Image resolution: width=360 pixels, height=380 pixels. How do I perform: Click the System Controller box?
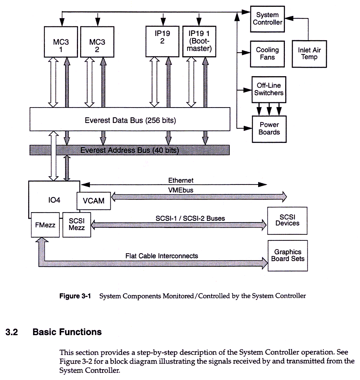pos(267,19)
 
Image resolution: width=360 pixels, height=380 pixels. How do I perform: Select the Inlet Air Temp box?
pos(309,53)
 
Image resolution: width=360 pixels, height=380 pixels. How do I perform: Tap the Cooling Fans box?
pos(267,53)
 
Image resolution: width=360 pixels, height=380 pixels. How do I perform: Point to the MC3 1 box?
pos(61,42)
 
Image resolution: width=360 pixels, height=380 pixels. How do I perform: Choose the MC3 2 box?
pos(97,42)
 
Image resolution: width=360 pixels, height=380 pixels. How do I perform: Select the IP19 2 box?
pos(162,41)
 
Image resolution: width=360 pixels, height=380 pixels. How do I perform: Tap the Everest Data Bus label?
pos(130,120)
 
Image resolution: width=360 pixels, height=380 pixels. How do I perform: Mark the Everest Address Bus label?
pos(129,150)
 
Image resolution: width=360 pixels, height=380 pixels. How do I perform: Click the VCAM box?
pos(94,201)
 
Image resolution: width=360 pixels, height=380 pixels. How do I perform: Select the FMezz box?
pos(45,225)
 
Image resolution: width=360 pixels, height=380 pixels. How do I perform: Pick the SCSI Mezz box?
pos(77,224)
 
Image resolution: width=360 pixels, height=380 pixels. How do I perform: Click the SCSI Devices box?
pos(287,220)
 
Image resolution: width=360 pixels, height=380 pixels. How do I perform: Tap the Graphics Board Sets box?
pos(287,255)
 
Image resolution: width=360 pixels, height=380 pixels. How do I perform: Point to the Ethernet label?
pos(181,181)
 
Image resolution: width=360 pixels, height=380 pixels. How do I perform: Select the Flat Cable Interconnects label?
pos(161,256)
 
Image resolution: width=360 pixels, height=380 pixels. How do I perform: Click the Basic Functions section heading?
pos(67,332)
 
